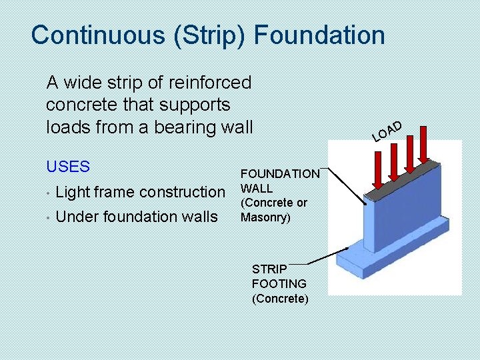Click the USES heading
click(67, 165)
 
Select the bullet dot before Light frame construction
click(49, 193)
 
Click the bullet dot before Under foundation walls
click(49, 217)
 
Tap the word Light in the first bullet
click(73, 192)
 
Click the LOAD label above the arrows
click(387, 131)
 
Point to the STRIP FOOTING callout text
click(279, 283)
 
